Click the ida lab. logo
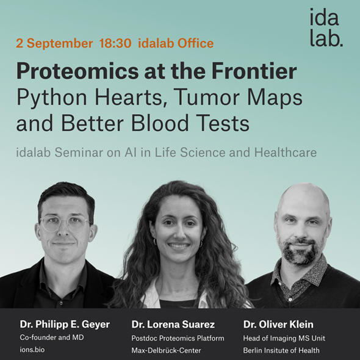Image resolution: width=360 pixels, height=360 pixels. [x=326, y=27]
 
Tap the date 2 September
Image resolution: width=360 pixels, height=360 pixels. [x=54, y=43]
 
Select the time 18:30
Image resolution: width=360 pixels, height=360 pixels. [x=115, y=43]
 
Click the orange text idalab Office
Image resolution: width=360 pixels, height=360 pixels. [x=176, y=43]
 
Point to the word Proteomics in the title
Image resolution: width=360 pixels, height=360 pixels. [x=77, y=71]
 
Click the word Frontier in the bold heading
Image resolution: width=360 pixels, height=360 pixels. [x=254, y=71]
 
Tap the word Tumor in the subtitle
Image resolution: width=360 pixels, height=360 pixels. [x=207, y=97]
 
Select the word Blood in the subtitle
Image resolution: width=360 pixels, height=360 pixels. [x=160, y=123]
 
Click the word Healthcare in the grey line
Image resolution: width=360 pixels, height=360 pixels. [x=286, y=152]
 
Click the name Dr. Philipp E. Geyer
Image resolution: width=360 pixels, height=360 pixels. [x=65, y=325]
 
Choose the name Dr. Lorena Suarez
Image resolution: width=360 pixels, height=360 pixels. [x=173, y=325]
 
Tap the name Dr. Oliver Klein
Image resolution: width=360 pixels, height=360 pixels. [x=278, y=325]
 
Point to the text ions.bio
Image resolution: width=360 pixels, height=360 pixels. [x=32, y=350]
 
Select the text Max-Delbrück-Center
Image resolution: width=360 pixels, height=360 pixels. [x=166, y=350]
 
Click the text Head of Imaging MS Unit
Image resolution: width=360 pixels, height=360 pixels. [x=284, y=338]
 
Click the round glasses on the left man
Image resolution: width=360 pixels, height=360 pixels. [x=65, y=224]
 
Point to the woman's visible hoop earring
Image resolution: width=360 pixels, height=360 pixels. [x=154, y=242]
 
